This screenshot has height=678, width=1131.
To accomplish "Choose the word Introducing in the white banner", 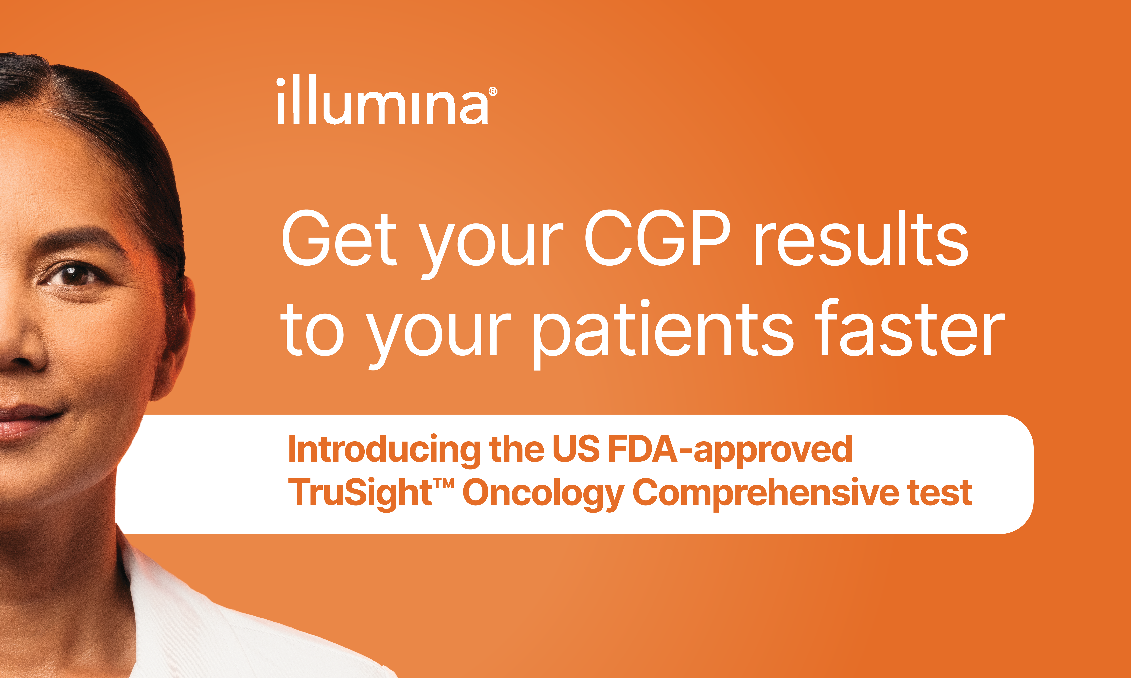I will click(384, 450).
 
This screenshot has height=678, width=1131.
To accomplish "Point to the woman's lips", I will click(23, 420).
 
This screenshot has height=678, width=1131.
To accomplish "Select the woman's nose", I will click(18, 347).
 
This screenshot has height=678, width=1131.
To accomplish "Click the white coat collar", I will click(151, 594).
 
